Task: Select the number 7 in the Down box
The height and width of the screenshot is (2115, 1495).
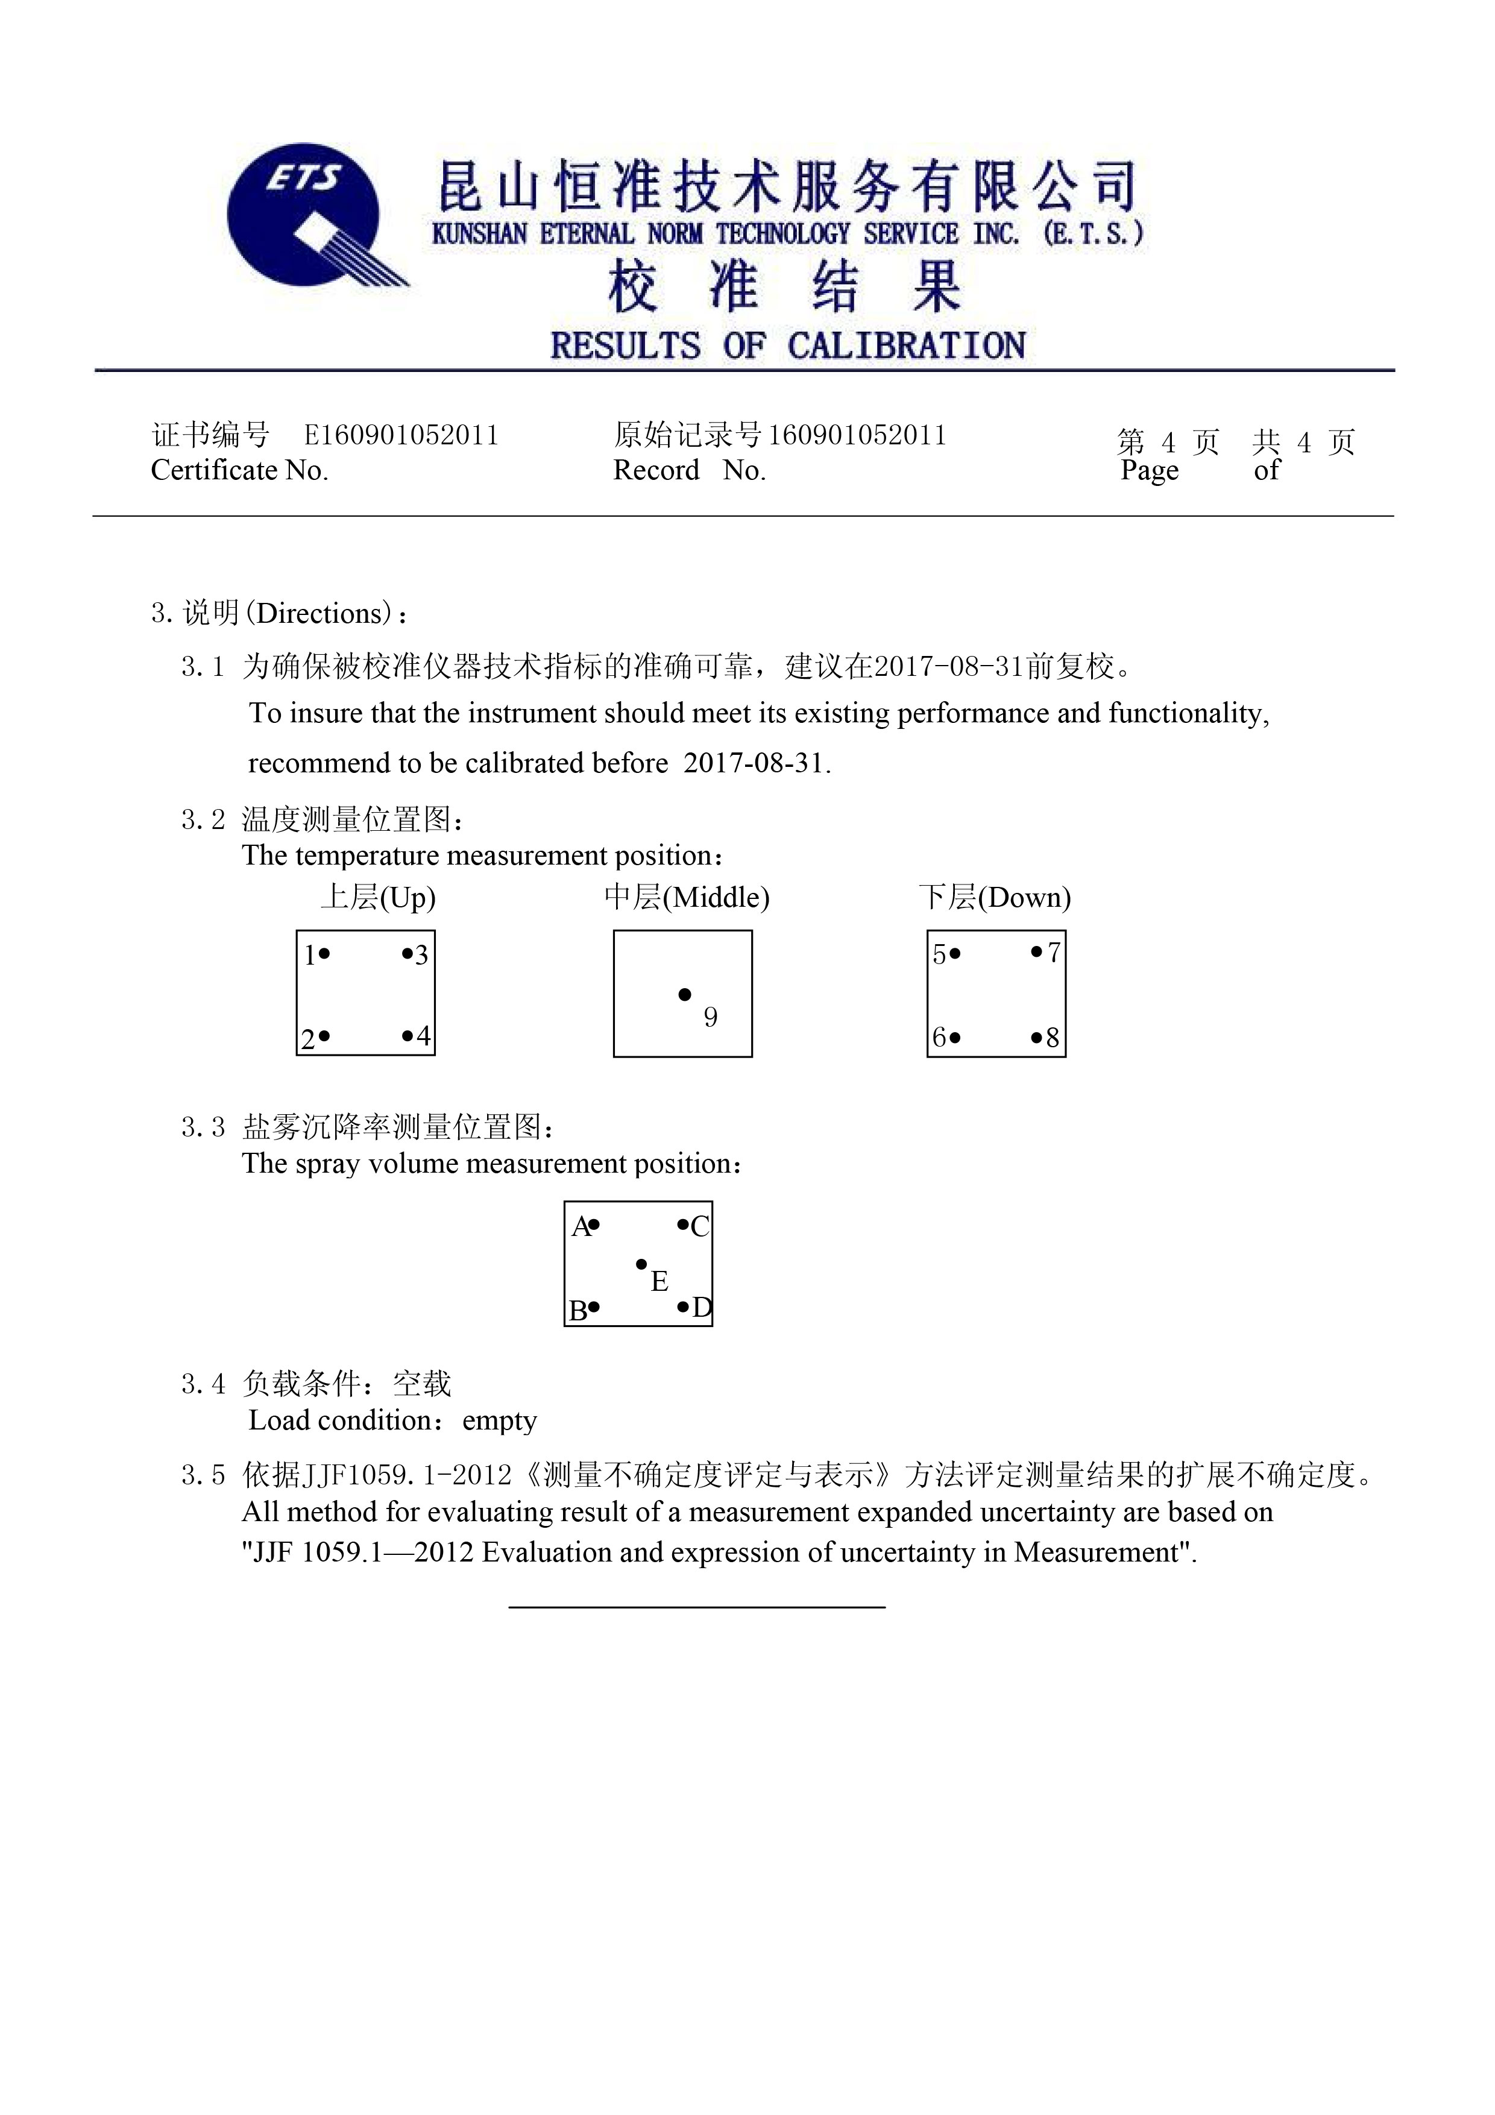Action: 1054,953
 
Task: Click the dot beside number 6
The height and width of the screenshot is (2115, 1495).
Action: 955,1038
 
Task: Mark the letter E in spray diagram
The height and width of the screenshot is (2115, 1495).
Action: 659,1281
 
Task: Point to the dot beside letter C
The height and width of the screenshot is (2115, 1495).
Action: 682,1225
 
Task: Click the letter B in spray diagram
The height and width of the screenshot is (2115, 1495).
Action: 578,1311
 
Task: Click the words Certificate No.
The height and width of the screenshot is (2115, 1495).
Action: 239,471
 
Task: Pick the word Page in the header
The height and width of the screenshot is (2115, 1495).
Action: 1150,471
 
